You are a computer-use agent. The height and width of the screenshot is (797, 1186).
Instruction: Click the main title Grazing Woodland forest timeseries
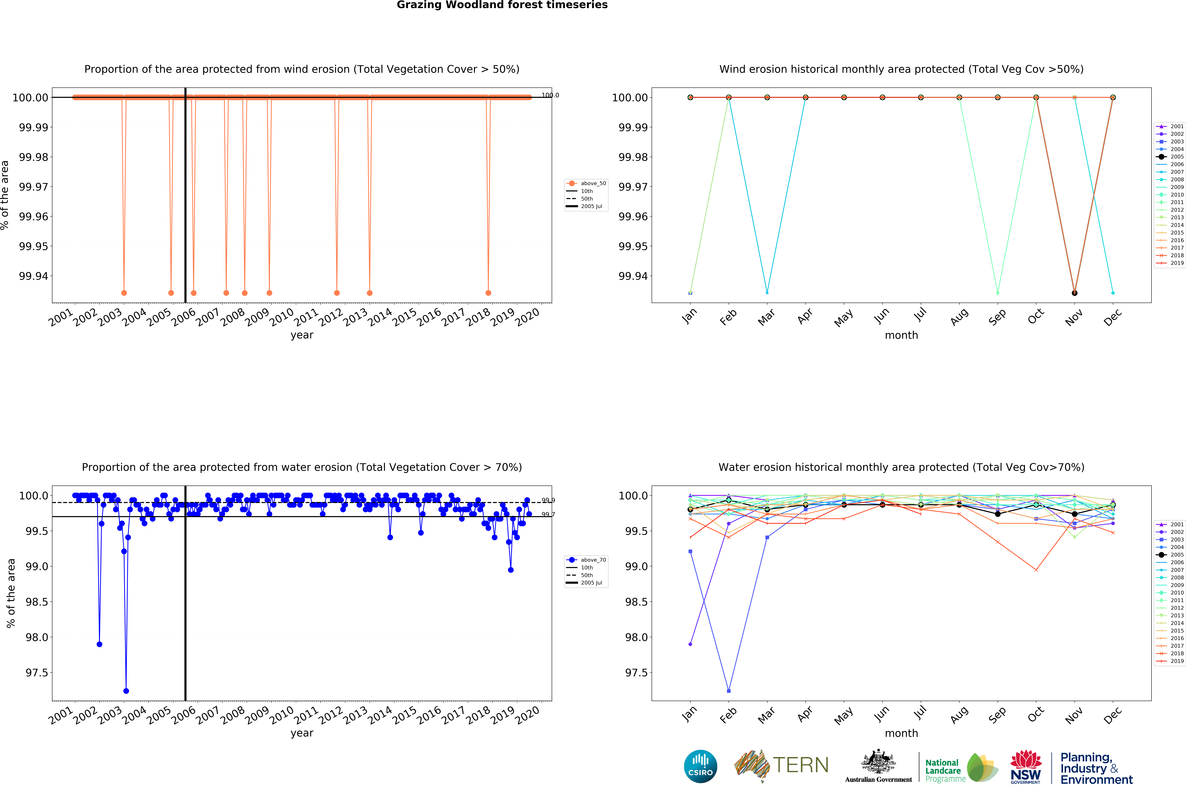502,5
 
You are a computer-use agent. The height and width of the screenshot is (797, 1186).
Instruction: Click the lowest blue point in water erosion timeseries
126,691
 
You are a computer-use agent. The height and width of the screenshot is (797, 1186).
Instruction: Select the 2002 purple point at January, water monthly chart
690,644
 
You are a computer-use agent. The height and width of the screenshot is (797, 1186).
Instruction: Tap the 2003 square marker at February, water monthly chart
729,691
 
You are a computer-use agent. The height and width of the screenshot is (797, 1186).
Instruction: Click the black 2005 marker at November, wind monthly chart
1074,293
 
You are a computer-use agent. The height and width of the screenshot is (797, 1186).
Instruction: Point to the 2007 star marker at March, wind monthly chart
767,293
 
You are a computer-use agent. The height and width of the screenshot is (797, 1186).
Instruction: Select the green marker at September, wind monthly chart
997,293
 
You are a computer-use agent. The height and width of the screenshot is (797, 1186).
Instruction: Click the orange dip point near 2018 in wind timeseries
488,293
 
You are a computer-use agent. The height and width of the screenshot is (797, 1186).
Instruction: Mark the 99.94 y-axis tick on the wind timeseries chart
34,276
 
